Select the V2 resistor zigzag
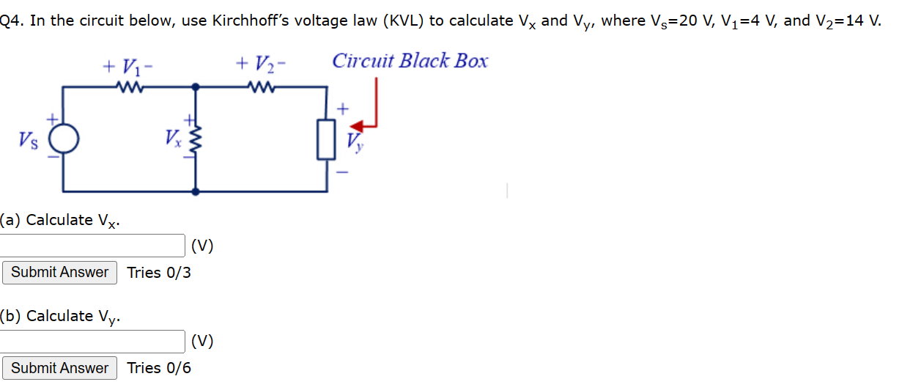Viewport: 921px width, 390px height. (x=261, y=87)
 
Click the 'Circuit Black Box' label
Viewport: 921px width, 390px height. (x=410, y=61)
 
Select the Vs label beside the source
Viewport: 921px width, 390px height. (x=27, y=139)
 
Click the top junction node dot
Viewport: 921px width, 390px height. (x=195, y=87)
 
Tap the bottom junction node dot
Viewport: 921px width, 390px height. (x=195, y=191)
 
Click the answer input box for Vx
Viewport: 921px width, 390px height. (x=92, y=246)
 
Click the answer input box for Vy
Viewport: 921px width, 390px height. (x=92, y=342)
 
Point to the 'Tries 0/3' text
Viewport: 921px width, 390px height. (x=159, y=273)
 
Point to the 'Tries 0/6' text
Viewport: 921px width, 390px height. (x=159, y=368)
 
